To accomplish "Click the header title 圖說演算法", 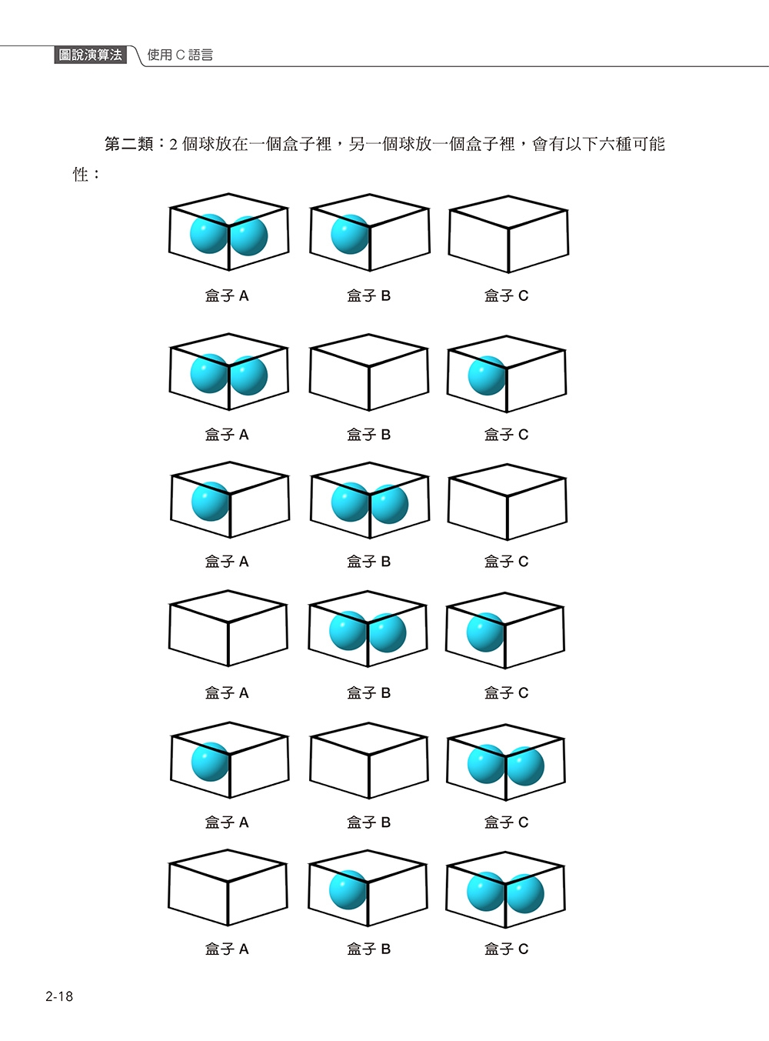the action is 91,55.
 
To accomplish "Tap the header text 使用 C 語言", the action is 180,55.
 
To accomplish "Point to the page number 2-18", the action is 59,996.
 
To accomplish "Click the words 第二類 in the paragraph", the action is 129,144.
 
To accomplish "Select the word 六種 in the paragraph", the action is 614,144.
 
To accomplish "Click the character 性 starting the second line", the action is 81,175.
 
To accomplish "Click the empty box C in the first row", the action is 508,234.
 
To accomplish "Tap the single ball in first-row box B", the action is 350,234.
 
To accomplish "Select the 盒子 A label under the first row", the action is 227,295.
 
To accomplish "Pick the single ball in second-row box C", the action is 487,375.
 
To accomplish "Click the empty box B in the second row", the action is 369,373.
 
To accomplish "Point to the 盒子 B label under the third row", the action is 369,562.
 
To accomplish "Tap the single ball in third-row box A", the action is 210,502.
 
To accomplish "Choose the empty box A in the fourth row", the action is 228,629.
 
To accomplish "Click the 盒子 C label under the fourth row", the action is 507,693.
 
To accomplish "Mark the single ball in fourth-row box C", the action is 485,632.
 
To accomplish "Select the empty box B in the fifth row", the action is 369,760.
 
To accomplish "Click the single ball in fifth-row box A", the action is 210,761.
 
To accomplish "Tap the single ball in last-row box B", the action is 348,889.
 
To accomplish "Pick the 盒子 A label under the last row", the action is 227,949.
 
